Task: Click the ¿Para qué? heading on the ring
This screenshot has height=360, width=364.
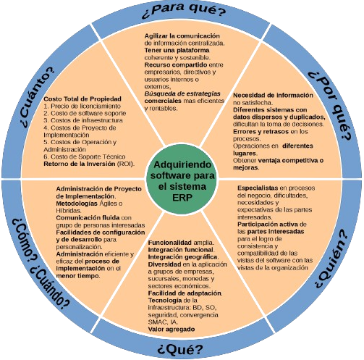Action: (x=184, y=10)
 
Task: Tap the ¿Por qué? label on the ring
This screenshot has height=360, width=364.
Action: (x=330, y=106)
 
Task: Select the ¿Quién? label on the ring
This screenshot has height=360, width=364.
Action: (x=332, y=259)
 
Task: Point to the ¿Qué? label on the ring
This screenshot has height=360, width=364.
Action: (x=180, y=349)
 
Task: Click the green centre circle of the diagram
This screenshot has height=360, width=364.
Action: (x=182, y=179)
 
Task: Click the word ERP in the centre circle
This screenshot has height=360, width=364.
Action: (x=182, y=198)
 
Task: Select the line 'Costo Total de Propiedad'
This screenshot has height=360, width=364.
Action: (x=82, y=99)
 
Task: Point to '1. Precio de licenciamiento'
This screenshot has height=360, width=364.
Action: (x=82, y=106)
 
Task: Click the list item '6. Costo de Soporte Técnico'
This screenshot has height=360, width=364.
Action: (x=85, y=156)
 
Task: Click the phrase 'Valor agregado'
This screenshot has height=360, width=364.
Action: (x=172, y=329)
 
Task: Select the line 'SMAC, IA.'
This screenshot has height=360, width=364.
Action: (x=163, y=322)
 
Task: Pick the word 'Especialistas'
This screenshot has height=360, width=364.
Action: (x=258, y=188)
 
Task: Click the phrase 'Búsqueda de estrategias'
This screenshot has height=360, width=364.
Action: (x=182, y=93)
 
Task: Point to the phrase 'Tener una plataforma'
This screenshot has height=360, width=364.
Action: (x=177, y=50)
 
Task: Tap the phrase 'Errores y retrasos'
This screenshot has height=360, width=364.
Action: (x=261, y=132)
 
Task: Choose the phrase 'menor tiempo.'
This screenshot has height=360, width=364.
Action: (x=78, y=276)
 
